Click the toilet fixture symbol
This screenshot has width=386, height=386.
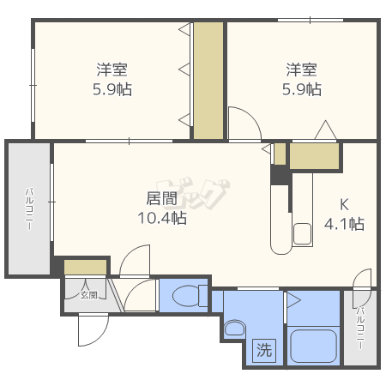190,296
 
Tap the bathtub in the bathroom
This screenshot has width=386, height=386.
313,347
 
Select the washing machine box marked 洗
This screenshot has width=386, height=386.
264,350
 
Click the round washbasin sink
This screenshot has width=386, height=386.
235,329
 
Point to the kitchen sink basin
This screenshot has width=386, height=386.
302,234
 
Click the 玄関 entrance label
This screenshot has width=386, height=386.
88,295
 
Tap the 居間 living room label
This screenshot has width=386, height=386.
161,198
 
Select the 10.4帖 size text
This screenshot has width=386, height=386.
162,218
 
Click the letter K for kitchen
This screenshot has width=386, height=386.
344,205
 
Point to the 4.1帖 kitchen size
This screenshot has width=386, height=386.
344,224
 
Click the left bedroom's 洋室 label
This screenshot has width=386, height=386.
112,69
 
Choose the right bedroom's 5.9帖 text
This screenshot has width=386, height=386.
302,89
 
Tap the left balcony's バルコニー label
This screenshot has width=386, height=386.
30,208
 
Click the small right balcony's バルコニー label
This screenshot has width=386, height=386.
360,328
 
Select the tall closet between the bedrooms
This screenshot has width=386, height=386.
208,81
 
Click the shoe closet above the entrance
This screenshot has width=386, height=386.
85,267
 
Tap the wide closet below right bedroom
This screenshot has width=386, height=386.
314,156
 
